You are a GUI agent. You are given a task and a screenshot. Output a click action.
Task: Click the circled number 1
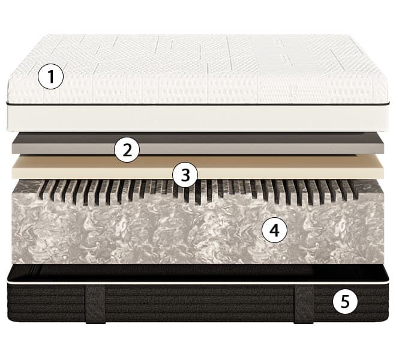click(50, 77)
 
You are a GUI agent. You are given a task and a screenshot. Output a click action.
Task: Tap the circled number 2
click(127, 150)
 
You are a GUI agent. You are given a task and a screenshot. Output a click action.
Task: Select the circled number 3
click(185, 175)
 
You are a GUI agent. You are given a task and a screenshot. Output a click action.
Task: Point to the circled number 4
click(274, 230)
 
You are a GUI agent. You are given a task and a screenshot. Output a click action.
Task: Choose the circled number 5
click(345, 301)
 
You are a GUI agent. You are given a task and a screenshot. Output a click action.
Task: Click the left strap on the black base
click(95, 304)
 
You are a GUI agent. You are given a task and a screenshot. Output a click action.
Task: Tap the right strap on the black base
click(304, 304)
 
